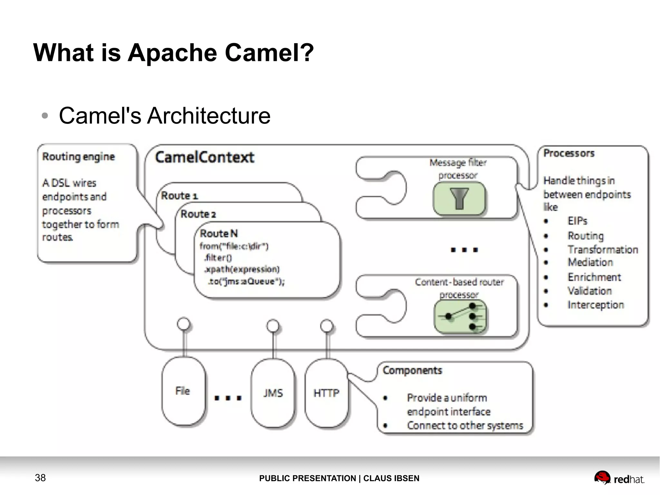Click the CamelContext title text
204,157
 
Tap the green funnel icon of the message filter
459,199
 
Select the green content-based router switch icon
460,317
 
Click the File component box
183,391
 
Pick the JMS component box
273,393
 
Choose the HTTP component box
326,393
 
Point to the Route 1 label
179,195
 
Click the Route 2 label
198,214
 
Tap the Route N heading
218,233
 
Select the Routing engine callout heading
78,157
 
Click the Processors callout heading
569,153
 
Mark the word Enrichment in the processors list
594,277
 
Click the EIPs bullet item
577,221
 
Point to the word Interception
596,305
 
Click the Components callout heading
412,370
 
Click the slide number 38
40,478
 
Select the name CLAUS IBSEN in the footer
391,478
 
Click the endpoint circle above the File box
184,324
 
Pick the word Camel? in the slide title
269,53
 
